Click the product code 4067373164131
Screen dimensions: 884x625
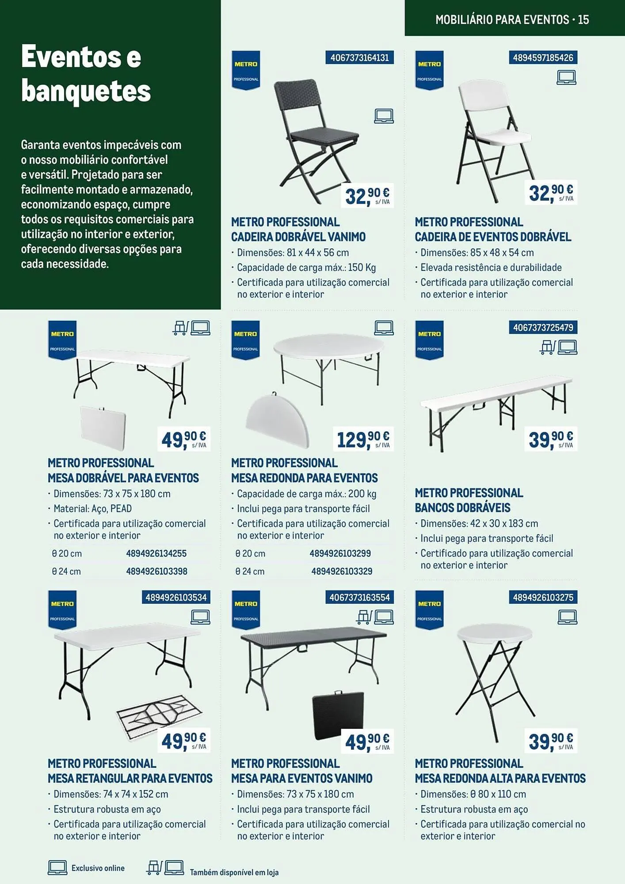coord(359,58)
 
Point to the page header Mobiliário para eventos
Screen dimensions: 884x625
coord(512,19)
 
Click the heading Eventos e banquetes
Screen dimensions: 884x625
coord(86,74)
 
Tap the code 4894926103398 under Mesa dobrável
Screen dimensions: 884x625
coord(156,571)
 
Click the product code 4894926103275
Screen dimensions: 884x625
coord(543,598)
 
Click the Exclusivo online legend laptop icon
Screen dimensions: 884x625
coord(57,868)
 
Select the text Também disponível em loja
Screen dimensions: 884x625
coord(234,873)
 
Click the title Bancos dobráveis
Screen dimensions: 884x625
coord(462,507)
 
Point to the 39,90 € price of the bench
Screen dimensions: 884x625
coord(550,439)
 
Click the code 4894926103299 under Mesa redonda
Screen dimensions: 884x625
coord(340,553)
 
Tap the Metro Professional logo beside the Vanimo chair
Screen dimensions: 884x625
coord(246,70)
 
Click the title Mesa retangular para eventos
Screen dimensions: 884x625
coord(130,778)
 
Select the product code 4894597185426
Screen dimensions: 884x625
coord(543,58)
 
